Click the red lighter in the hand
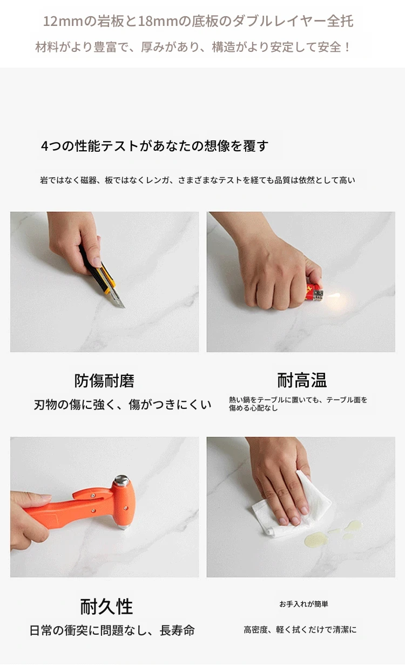[314, 293]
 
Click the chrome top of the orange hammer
[122, 479]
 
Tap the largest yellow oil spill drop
[316, 539]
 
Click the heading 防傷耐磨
[104, 381]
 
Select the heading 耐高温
[302, 380]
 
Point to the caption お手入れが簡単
[303, 604]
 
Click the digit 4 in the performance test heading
[44, 146]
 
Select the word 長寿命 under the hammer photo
[177, 630]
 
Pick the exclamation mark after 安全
[347, 47]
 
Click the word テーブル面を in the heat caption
[347, 400]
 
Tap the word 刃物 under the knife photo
[45, 405]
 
